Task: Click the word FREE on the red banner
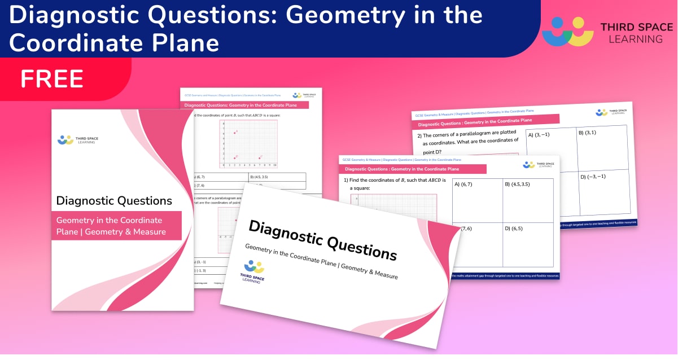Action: click(52, 78)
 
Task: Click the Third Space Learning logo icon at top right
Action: click(567, 32)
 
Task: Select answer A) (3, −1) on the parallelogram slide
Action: click(539, 135)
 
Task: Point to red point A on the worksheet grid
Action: click(234, 132)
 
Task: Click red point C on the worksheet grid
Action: click(260, 157)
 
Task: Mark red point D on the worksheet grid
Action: click(234, 157)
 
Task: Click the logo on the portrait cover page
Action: click(66, 139)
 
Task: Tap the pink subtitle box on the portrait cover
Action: click(116, 226)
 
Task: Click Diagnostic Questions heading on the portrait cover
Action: click(114, 200)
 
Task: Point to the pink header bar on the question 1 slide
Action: click(412, 169)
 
